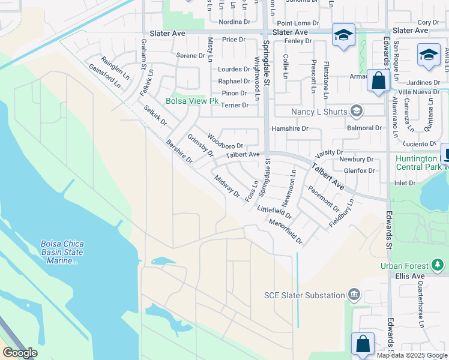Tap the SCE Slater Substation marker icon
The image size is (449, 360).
354,295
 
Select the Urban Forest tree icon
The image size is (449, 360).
438,265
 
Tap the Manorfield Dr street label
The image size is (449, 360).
286,232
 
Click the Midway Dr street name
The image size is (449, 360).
226,187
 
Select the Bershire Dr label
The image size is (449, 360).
179,152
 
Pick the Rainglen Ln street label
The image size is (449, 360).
115,68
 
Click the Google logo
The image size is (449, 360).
20,352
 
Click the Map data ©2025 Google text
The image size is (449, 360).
412,355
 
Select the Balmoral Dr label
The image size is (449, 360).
364,128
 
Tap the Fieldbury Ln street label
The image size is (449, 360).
342,214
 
